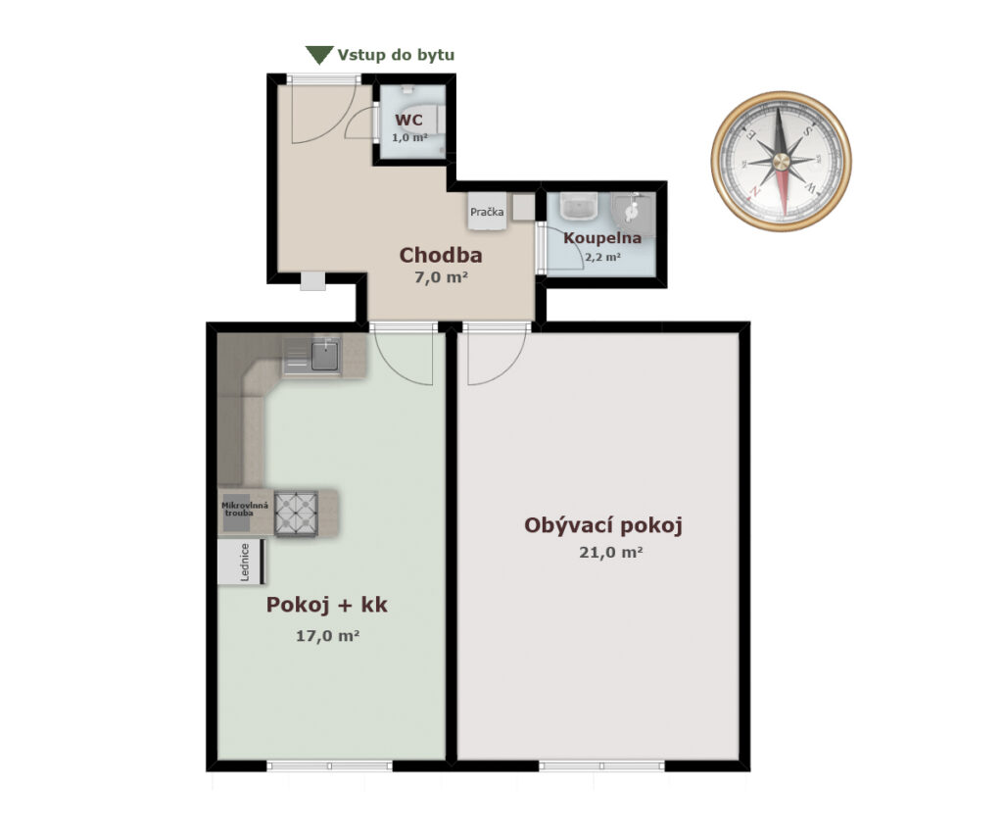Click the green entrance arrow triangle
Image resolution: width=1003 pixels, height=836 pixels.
coord(319,55)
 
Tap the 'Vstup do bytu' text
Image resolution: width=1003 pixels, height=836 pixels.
coord(396,55)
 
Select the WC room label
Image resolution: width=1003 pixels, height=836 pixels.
coord(408,121)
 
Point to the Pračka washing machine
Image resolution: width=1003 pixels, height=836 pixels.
coord(487,212)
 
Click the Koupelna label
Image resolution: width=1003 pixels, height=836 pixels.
coord(602,238)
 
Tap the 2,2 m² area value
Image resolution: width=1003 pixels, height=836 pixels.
coord(602,258)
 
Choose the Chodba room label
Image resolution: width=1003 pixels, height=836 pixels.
coord(441,255)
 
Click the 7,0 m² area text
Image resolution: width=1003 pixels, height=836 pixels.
coord(442,277)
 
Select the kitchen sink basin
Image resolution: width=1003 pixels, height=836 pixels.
coord(325,357)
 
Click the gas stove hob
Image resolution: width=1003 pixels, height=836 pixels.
coord(296,514)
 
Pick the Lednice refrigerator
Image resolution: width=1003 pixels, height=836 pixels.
coord(242,562)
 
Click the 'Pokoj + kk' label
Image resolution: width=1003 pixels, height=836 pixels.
coord(327,605)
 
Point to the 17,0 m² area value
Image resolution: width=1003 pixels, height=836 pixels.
coord(327,636)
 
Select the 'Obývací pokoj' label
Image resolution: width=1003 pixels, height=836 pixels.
coord(603,525)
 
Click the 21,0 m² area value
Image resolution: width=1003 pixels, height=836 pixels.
coord(611,552)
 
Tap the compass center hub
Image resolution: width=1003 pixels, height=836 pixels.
coord(781,161)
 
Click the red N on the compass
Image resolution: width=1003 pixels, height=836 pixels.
coord(755,191)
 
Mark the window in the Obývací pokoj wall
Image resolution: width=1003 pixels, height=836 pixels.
coord(601,765)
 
